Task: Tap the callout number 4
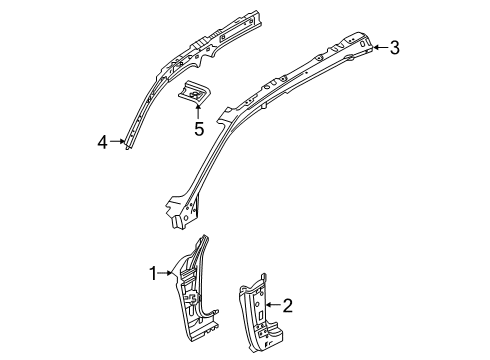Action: [102, 143]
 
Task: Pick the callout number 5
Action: [198, 128]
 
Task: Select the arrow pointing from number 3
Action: [379, 46]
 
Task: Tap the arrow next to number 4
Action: [116, 143]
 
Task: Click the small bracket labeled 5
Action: [194, 93]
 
